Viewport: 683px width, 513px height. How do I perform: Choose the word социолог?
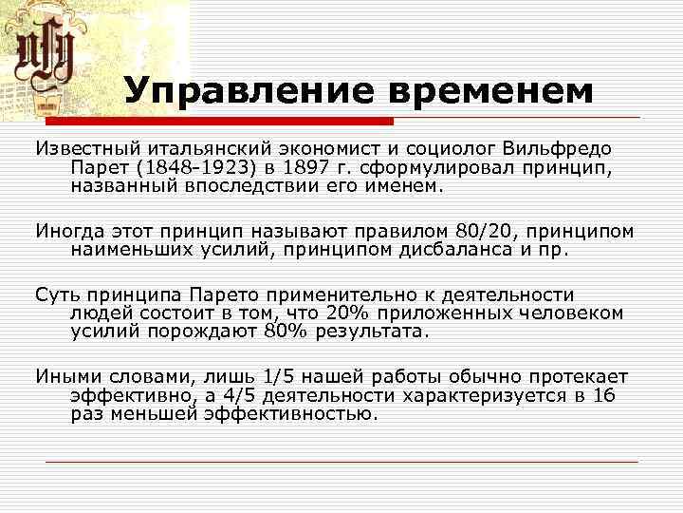pyautogui.click(x=446, y=150)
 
